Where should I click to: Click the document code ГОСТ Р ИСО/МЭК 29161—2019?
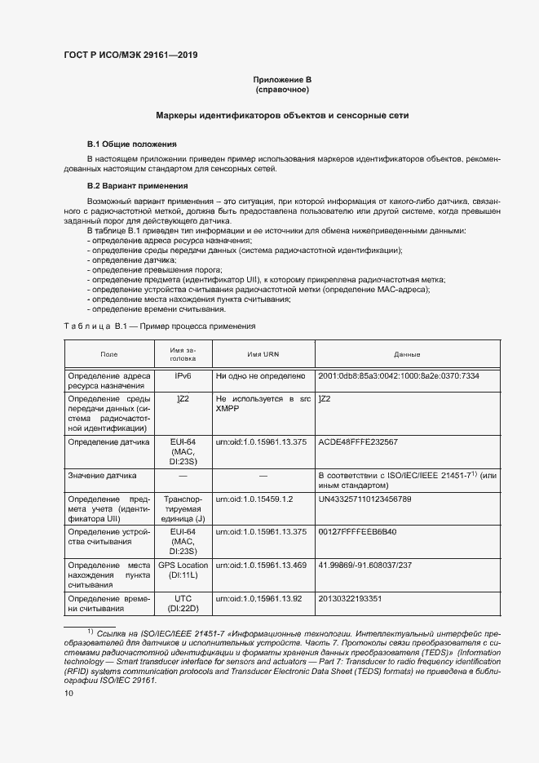pos(130,55)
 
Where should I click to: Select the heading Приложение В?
pos(282,79)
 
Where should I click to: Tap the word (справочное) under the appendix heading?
pos(282,89)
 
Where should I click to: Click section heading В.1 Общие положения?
pos(132,144)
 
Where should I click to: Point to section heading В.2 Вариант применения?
pos(137,186)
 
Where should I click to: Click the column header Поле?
pos(108,354)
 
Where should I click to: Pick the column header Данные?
pos(406,354)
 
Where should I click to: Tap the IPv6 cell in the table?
pos(183,375)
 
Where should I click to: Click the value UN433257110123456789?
pos(364,498)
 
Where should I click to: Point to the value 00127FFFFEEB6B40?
pos(356,531)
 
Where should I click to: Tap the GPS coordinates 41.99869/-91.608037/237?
pos(364,565)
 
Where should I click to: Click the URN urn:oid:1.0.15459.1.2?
pos(254,498)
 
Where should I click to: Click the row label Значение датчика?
pos(102,475)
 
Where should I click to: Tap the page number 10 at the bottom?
pos(68,693)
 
